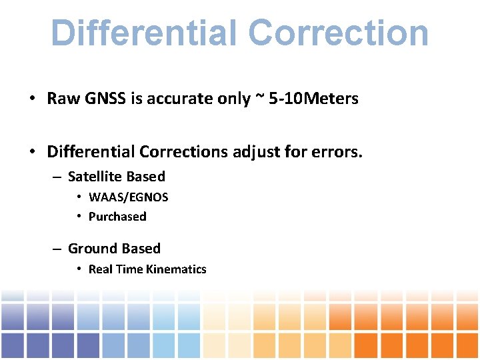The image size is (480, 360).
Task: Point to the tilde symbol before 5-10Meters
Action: [258, 99]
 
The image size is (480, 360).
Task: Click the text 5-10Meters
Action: [314, 99]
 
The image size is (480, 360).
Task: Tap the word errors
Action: [338, 151]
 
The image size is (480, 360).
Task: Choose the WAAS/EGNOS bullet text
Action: [128, 197]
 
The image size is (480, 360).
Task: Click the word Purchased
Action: [117, 217]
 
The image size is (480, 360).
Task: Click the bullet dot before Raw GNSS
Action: [32, 99]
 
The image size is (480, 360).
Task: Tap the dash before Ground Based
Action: [58, 249]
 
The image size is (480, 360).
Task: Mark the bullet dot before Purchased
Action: [78, 217]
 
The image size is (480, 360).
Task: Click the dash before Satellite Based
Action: [58, 177]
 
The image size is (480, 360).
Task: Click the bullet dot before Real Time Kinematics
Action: [78, 269]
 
